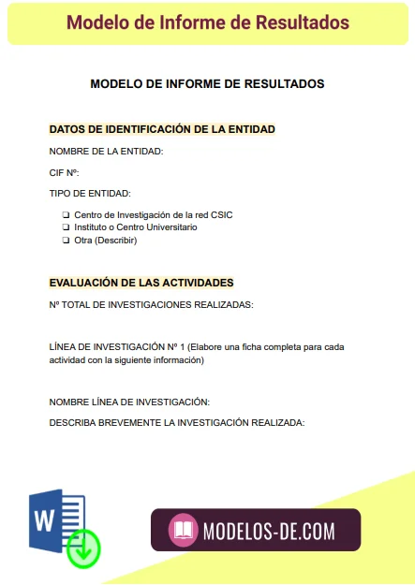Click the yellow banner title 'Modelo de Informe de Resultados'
(x=208, y=22)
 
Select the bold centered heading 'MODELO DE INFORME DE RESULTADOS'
(x=207, y=83)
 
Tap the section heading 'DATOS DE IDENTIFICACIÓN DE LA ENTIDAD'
(x=161, y=129)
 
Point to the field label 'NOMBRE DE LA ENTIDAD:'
(x=106, y=151)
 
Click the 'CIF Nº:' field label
(x=65, y=172)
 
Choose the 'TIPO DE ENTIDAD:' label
(x=90, y=194)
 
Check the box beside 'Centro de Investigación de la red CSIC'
(x=66, y=215)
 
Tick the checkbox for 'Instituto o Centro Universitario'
(x=66, y=227)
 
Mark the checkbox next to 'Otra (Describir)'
(x=66, y=241)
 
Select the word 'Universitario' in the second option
(x=170, y=227)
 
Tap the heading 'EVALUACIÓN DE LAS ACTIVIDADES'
(x=141, y=282)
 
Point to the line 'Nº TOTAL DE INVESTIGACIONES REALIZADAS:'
(x=151, y=304)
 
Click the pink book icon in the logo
(x=184, y=531)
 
